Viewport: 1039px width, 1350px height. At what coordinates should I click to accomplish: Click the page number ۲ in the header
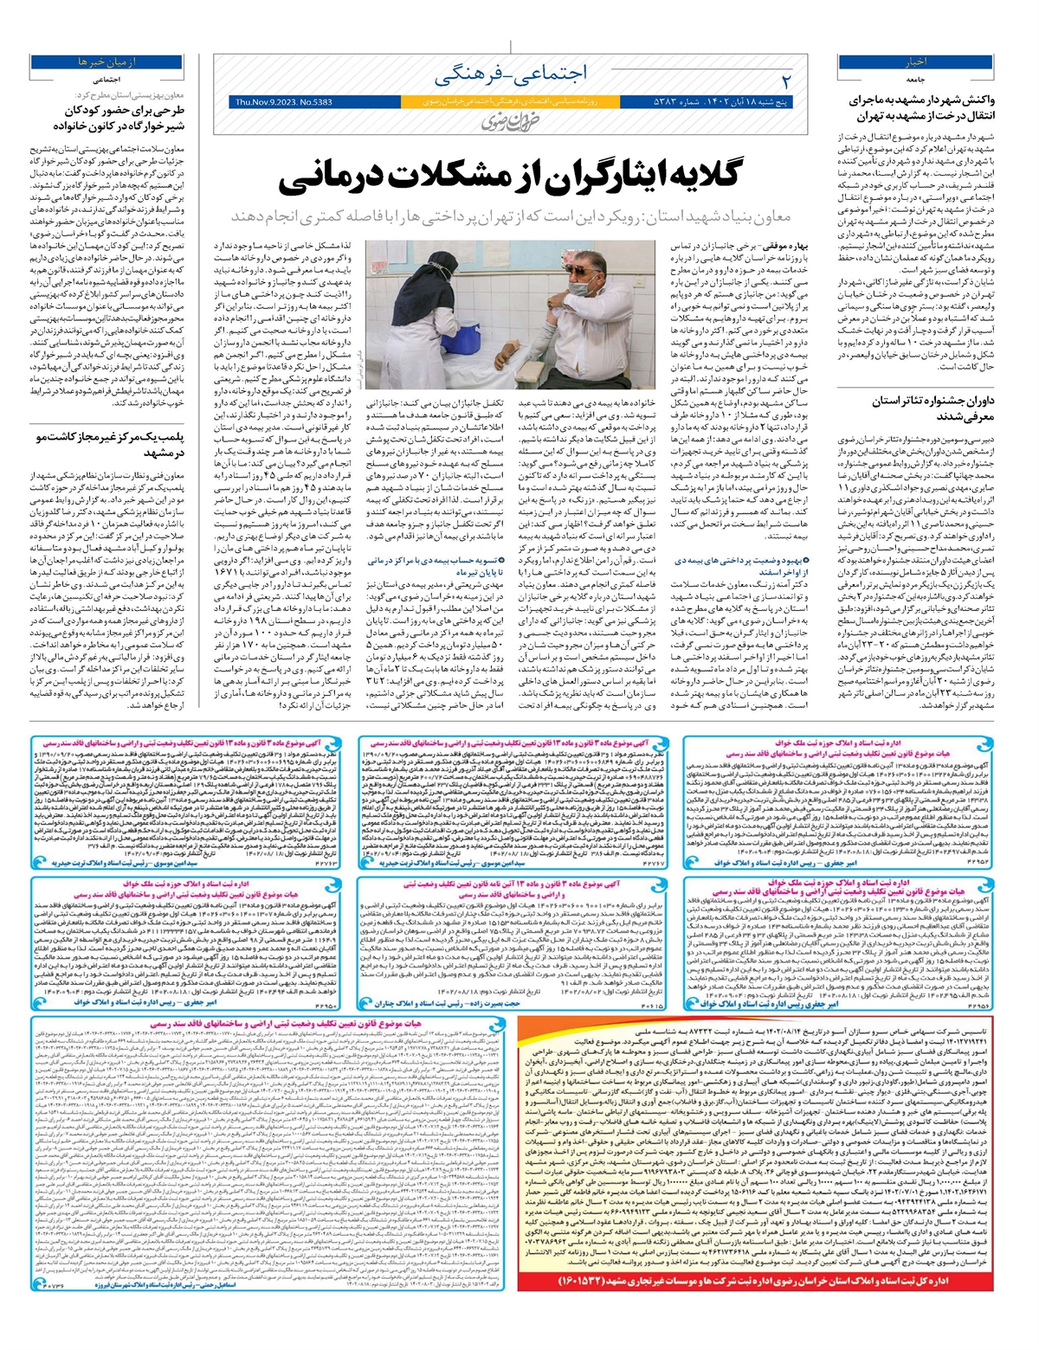click(x=786, y=80)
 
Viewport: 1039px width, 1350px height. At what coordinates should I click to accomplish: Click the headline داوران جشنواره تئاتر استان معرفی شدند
click(x=925, y=408)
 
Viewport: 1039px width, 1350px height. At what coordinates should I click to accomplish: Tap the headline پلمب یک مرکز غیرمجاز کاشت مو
click(x=108, y=445)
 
